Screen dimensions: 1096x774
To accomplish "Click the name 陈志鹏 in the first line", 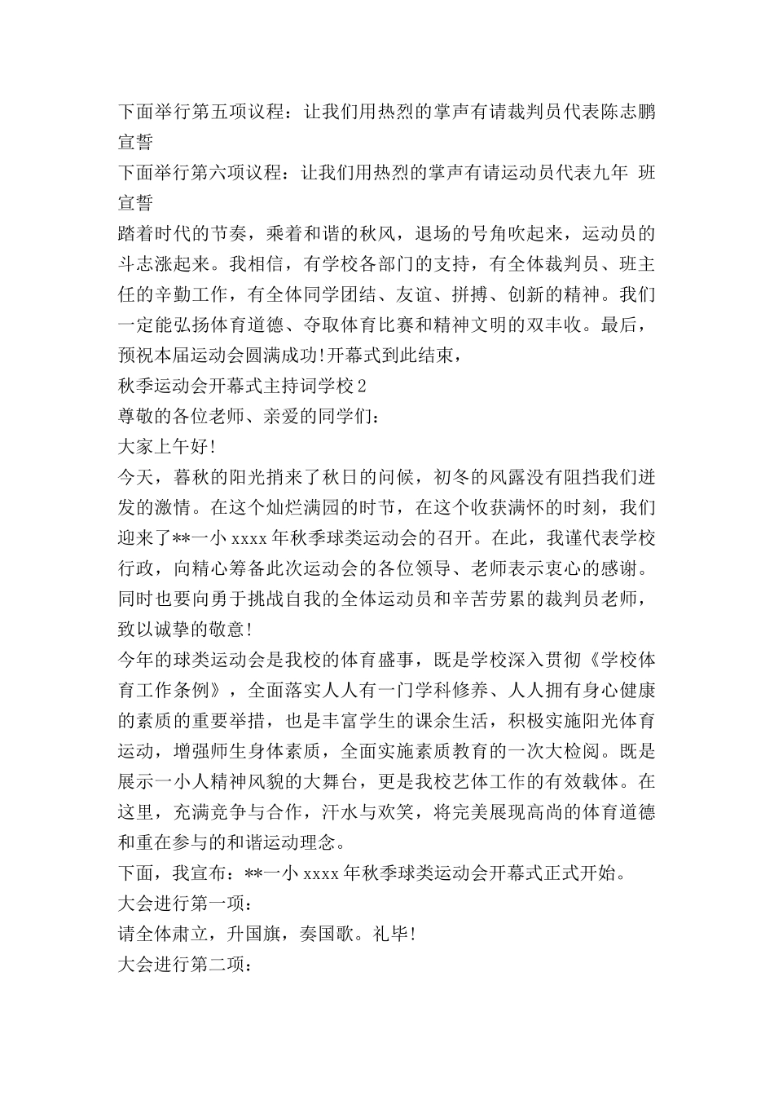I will (x=627, y=111).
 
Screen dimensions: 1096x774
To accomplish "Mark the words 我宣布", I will (x=198, y=873).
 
